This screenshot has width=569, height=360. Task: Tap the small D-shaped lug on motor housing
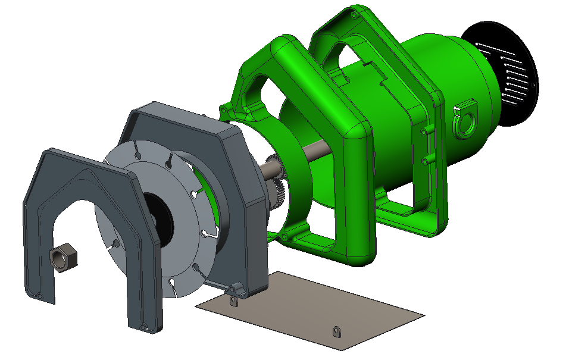[x=465, y=121]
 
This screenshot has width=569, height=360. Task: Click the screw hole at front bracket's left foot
[x=39, y=296]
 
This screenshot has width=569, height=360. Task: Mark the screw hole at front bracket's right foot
[x=143, y=325]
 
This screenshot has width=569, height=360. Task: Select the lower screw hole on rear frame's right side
[x=425, y=161]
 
